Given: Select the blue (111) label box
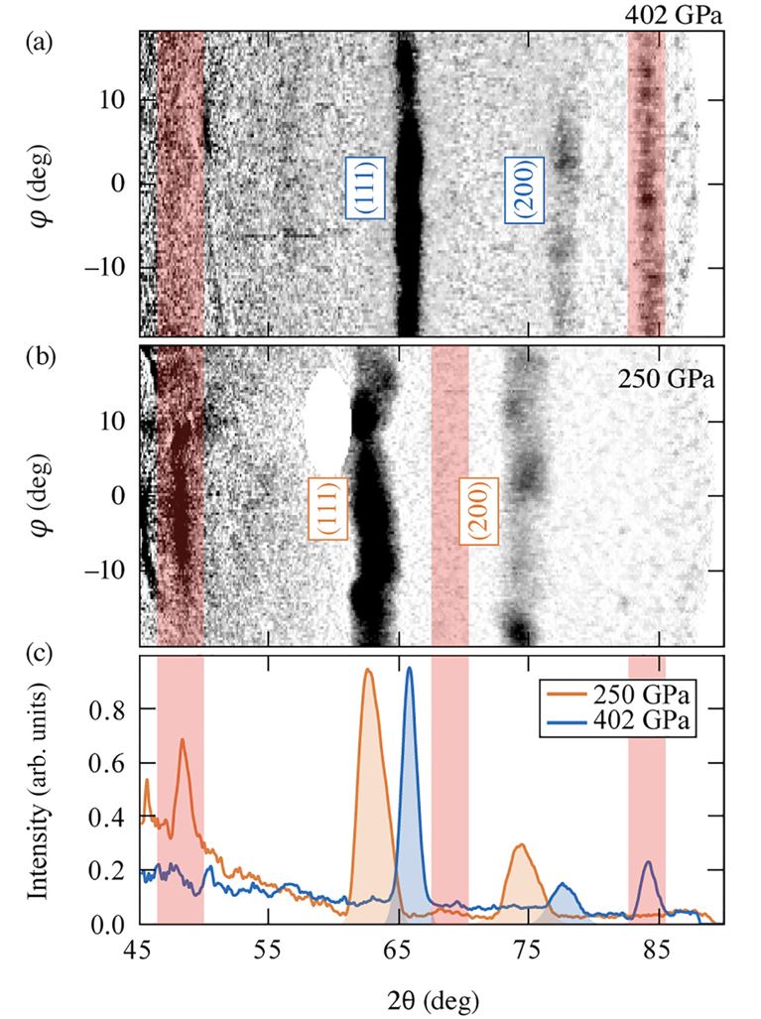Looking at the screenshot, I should [364, 187].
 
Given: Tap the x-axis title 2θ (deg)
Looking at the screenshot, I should [432, 993].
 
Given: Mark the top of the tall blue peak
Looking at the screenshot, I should [408, 669].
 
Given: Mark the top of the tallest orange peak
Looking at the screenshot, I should [368, 671].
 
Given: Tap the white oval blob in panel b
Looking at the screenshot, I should [327, 416].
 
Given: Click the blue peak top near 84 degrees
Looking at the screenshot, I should [648, 862].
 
